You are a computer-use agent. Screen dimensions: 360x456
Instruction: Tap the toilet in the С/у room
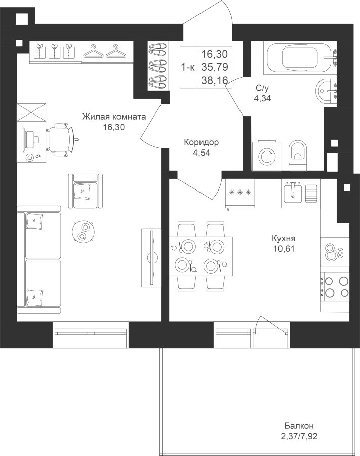pyautogui.click(x=298, y=156)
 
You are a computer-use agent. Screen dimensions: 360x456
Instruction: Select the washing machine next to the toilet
pyautogui.click(x=267, y=156)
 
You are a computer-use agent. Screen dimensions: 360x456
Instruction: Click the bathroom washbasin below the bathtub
pyautogui.click(x=326, y=91)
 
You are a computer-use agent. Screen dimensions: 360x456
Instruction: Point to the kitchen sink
pyautogui.click(x=293, y=193)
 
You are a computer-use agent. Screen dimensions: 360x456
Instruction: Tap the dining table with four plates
pyautogui.click(x=201, y=256)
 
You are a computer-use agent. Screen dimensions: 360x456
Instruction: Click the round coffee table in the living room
pyautogui.click(x=83, y=231)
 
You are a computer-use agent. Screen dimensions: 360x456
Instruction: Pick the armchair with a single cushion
pyautogui.click(x=86, y=191)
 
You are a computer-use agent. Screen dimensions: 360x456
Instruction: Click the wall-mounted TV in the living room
pyautogui.click(x=151, y=257)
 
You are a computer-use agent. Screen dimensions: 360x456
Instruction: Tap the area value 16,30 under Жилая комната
pyautogui.click(x=113, y=127)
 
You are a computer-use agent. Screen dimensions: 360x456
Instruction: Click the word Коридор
pyautogui.click(x=202, y=142)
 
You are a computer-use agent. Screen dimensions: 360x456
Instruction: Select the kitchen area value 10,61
pyautogui.click(x=284, y=249)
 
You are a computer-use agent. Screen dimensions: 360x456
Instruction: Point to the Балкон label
pyautogui.click(x=299, y=426)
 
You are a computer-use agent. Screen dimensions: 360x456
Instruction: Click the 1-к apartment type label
pyautogui.click(x=188, y=67)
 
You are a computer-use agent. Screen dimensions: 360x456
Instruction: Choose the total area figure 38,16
pyautogui.click(x=215, y=80)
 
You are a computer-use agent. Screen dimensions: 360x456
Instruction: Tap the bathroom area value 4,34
pyautogui.click(x=262, y=99)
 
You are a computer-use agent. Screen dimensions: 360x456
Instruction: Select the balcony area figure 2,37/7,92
pyautogui.click(x=299, y=436)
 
